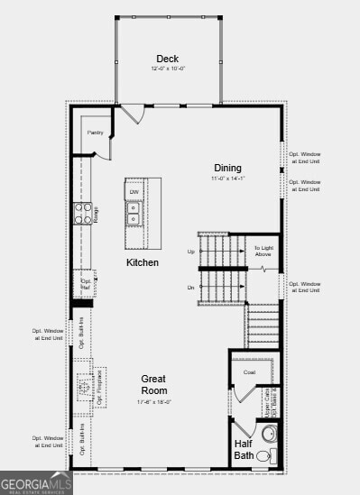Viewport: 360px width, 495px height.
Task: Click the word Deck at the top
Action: (x=168, y=59)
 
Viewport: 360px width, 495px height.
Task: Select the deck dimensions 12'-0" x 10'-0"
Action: (x=168, y=69)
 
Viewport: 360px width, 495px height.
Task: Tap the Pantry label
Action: (x=96, y=133)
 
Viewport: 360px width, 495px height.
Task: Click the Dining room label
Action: (x=227, y=168)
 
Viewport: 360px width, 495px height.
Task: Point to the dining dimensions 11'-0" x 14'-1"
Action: (x=227, y=179)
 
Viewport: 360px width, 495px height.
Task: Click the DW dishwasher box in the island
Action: (x=134, y=192)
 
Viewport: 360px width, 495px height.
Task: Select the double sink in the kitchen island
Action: (x=134, y=213)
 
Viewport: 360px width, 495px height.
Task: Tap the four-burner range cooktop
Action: (x=82, y=214)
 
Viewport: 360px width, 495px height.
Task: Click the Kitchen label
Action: (x=143, y=262)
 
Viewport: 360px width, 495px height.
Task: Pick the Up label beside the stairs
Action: (x=190, y=251)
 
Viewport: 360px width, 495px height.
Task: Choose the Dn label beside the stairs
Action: (x=190, y=288)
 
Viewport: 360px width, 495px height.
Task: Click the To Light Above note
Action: (x=263, y=251)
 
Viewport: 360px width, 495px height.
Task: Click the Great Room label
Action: (x=154, y=385)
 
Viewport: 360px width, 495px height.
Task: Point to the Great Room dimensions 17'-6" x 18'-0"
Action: (x=154, y=402)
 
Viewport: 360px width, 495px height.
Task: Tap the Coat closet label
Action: (x=250, y=371)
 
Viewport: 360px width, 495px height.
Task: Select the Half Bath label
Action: (x=245, y=449)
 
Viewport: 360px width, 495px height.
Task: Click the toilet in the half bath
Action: (x=264, y=457)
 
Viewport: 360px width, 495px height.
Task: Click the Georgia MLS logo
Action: (x=36, y=483)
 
